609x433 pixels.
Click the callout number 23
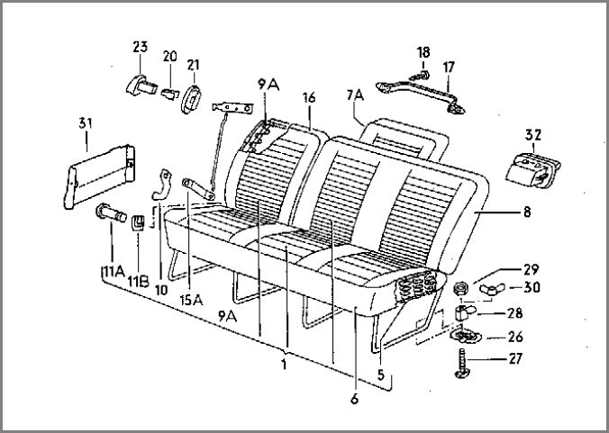pyautogui.click(x=141, y=47)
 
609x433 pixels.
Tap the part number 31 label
pyautogui.click(x=86, y=123)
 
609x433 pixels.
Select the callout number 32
pyautogui.click(x=533, y=135)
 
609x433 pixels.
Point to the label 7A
pyautogui.click(x=355, y=95)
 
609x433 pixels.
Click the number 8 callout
pyautogui.click(x=527, y=212)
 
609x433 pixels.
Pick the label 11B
pyautogui.click(x=138, y=281)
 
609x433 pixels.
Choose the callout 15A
pyautogui.click(x=191, y=300)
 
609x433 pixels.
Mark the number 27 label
pyautogui.click(x=514, y=359)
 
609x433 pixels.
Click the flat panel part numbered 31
pyautogui.click(x=99, y=176)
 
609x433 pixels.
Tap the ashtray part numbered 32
pyautogui.click(x=533, y=170)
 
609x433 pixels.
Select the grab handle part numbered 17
pyautogui.click(x=420, y=95)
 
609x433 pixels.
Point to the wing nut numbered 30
pyautogui.click(x=491, y=289)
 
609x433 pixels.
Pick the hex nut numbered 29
pyautogui.click(x=461, y=289)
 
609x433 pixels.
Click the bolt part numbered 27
pyautogui.click(x=462, y=363)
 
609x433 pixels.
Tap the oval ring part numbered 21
pyautogui.click(x=191, y=99)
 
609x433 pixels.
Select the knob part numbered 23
pyautogui.click(x=141, y=86)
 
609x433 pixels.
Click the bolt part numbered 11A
pyautogui.click(x=111, y=212)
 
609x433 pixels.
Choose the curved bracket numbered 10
pyautogui.click(x=161, y=185)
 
